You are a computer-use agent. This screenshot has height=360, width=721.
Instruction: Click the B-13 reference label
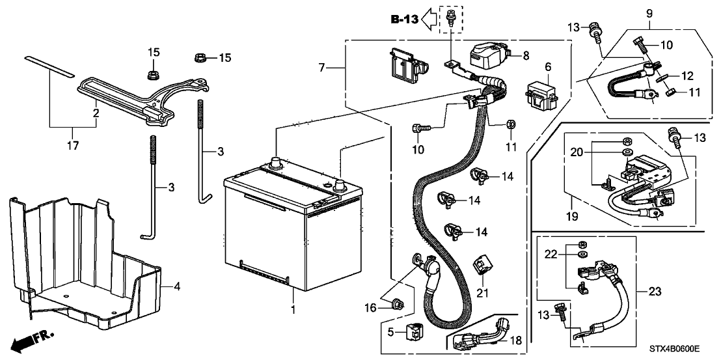pyautogui.click(x=405, y=20)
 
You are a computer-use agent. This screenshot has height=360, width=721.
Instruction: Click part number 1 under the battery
pyautogui.click(x=292, y=311)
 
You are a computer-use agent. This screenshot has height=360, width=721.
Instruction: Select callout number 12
pyautogui.click(x=686, y=76)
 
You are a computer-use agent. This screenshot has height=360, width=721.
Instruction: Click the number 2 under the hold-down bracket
pyautogui.click(x=96, y=113)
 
